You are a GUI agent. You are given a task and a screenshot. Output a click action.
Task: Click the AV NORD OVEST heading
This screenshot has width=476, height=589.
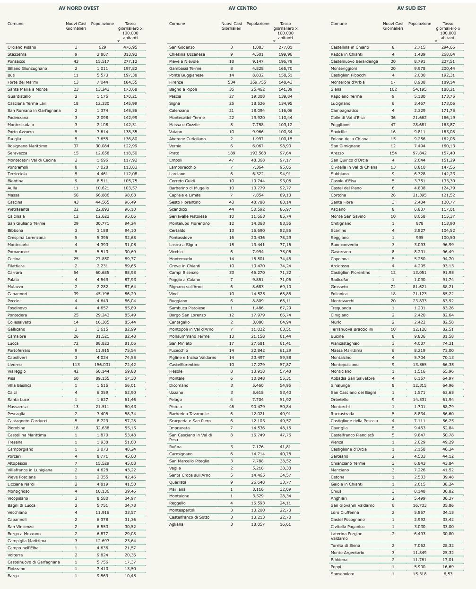[x=79, y=8]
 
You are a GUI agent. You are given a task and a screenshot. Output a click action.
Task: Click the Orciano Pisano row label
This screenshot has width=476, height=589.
[x=22, y=47]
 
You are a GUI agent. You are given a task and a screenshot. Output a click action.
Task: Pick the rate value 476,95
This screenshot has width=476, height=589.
[x=130, y=47]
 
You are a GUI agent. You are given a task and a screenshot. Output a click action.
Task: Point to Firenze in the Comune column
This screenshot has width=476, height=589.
[x=176, y=82]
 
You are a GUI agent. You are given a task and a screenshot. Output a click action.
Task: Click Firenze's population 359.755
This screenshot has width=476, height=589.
[x=258, y=82]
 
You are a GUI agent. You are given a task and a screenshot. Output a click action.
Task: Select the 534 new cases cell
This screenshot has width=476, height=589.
[x=232, y=82]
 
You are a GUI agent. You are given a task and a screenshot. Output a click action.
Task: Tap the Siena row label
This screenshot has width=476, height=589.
[x=336, y=89]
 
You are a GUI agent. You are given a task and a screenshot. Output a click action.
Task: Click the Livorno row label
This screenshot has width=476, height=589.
[x=15, y=365]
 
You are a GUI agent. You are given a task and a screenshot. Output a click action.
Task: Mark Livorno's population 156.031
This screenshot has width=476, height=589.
[x=103, y=365]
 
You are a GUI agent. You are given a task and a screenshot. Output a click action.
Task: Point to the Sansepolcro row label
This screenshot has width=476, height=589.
[x=343, y=574]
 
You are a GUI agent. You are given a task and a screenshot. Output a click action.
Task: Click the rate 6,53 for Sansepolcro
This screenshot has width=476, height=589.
[x=448, y=574]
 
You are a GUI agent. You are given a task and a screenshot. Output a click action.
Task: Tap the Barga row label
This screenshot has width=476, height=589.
[x=13, y=576]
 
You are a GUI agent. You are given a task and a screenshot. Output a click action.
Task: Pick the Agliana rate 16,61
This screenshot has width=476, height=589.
[x=286, y=524]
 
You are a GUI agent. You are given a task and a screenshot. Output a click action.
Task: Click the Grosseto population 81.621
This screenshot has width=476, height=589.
[x=420, y=287]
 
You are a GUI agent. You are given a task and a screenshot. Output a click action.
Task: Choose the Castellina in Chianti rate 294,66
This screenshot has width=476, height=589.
[x=448, y=47]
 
